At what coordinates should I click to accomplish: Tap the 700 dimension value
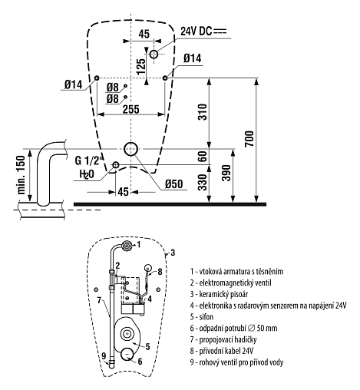pos(249,138)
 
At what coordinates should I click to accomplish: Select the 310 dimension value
pos(203,112)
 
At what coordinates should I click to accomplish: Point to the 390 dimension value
pos(226,173)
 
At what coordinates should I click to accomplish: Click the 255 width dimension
pos(131,109)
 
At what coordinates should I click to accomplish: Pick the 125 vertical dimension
pos(141,67)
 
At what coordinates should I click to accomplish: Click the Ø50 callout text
pos(174,183)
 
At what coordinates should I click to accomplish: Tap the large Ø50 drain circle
pos(131,149)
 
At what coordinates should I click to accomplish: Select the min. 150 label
pos(21,174)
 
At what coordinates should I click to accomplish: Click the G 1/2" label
pos(88,160)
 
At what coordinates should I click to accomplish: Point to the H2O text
pos(87,174)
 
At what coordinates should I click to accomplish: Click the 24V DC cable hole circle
pos(154,54)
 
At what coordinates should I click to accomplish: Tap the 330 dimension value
pos(203,182)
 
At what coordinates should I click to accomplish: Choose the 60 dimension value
pos(203,156)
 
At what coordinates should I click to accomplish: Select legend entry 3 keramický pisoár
pos(219,294)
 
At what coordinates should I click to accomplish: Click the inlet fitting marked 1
pos(127,246)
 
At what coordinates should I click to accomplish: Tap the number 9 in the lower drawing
pos(104,355)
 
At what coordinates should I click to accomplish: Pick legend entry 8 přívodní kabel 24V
pos(222,351)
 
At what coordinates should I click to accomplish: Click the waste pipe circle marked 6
pos(127,355)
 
